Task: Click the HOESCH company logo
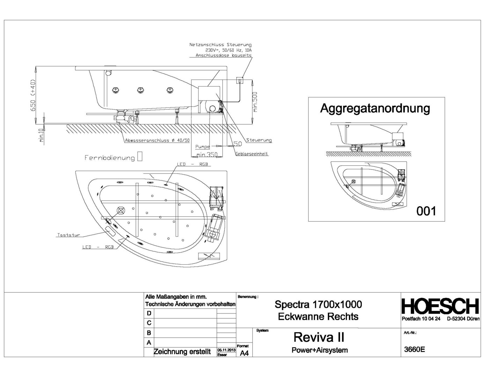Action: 440,306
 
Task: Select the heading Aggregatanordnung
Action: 375,109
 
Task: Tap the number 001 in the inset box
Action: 426,211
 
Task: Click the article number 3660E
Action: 414,349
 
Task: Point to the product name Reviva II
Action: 319,337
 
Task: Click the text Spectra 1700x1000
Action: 318,304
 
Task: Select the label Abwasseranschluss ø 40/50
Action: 157,141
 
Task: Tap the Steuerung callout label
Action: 259,140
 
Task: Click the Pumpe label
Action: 202,147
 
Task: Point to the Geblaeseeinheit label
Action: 252,154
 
